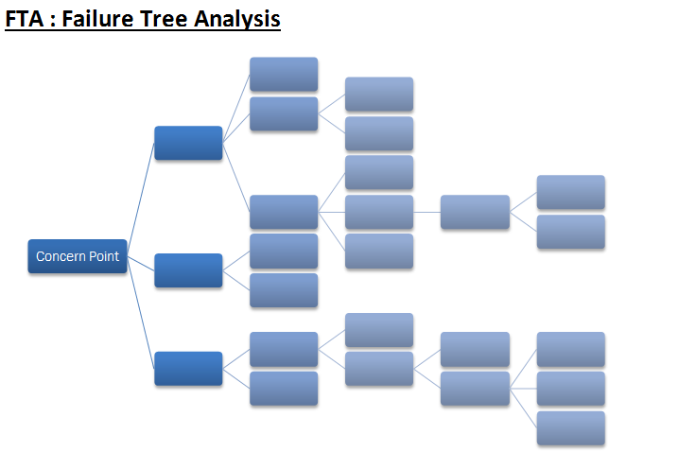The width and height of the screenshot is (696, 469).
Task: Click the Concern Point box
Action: point(78,256)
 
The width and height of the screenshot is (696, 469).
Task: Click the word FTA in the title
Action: point(25,19)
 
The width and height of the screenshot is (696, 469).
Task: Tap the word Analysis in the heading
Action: point(237,20)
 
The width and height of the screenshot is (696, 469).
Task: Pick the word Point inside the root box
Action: point(104,256)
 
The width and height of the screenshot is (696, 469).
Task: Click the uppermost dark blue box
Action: point(188,143)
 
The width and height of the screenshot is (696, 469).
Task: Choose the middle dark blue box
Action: point(188,270)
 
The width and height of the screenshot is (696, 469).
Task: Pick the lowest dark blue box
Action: point(188,368)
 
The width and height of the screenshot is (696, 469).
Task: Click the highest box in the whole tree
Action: point(284,74)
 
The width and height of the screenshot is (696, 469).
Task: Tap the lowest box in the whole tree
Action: point(571,427)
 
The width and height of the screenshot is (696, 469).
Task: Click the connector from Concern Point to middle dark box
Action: point(141,263)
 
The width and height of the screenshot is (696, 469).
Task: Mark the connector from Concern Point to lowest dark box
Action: point(140,312)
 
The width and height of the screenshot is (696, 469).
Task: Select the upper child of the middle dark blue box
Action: point(284,252)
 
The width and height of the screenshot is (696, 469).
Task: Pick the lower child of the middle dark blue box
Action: point(284,290)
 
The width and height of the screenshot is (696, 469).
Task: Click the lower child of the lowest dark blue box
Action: point(284,389)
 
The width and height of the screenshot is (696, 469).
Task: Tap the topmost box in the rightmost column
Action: point(571,192)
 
